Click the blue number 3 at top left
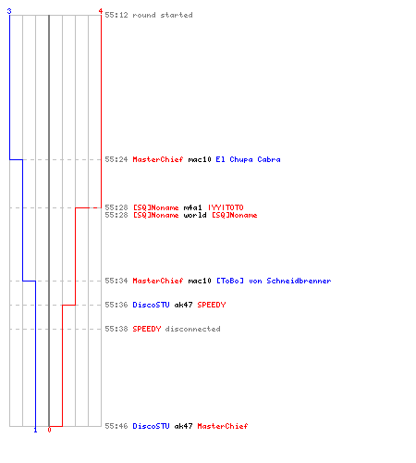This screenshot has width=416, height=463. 9,11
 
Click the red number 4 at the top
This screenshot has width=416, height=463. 100,11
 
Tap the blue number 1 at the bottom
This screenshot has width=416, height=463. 35,430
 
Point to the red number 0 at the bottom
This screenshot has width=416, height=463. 49,430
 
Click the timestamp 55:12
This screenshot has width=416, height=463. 116,15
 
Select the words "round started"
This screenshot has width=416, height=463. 163,15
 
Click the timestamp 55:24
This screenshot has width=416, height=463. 116,159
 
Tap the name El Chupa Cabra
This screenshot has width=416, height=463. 248,159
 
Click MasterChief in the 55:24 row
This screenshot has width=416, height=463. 158,159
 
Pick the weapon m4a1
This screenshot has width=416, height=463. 192,207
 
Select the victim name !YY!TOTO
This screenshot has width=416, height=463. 226,207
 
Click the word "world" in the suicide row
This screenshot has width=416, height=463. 195,215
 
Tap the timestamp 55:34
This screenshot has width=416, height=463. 116,281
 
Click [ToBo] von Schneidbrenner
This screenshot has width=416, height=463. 274,281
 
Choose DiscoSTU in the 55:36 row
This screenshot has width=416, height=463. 151,305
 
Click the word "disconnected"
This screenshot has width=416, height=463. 192,329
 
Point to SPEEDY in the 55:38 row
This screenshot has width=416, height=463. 147,329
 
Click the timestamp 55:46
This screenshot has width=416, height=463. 116,426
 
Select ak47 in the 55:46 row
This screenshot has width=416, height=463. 183,426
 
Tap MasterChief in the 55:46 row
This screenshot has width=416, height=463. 223,426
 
